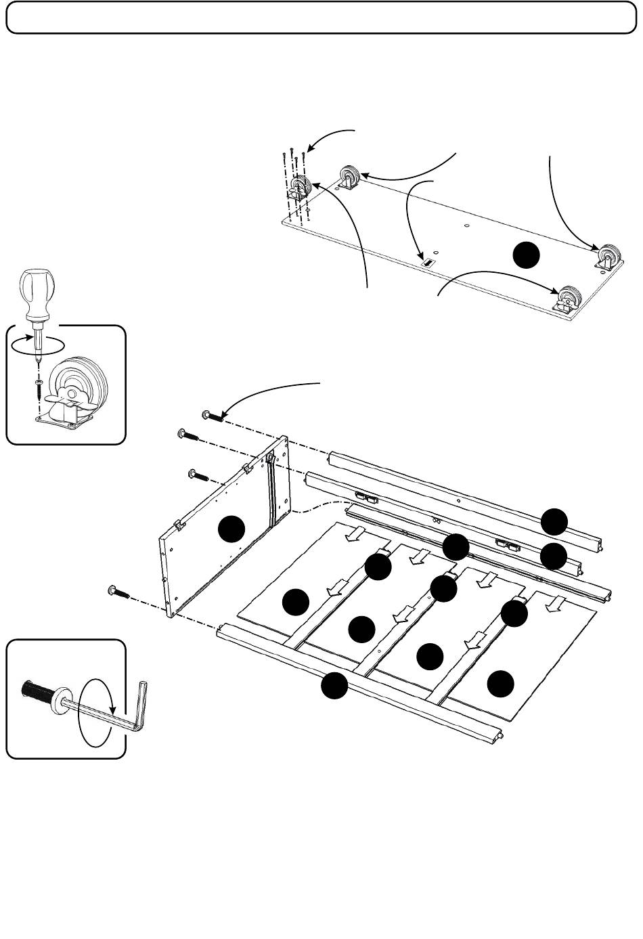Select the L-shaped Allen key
point(135,712)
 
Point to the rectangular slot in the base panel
point(428,261)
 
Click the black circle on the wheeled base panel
point(525,255)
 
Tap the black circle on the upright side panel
point(233,528)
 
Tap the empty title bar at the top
point(321,17)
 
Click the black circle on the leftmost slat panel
point(296,602)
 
